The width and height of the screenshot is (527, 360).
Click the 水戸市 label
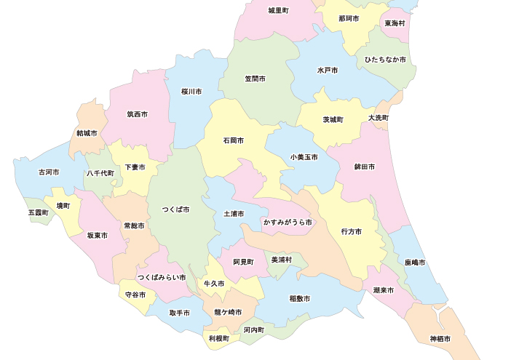pos(328,71)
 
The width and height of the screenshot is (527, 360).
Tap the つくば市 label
pos(175,209)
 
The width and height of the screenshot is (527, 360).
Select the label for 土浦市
pos(234,214)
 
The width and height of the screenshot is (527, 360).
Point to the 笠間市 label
pos(255,79)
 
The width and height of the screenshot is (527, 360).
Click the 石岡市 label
pos(234,140)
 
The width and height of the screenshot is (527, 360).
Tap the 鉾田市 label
pos(364,167)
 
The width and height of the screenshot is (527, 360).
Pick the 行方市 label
pos(351,232)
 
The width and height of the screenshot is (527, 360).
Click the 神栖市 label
pos(440,339)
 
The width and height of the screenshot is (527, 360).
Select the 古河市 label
pos(48,172)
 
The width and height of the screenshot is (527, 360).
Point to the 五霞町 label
pos(38,213)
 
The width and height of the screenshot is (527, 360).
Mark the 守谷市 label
pos(135,295)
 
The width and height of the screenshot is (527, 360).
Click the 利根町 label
pos(218,339)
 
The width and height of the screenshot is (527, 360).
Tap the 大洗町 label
pos(379,118)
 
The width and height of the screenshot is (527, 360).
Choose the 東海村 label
pos(395,23)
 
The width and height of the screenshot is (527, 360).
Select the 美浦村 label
pos(281,260)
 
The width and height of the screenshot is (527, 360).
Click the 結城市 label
pos(87,134)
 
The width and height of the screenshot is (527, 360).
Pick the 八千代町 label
pos(100,173)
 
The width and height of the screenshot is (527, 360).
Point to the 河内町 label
pos(254,329)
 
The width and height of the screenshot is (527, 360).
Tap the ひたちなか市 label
pos(386,60)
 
